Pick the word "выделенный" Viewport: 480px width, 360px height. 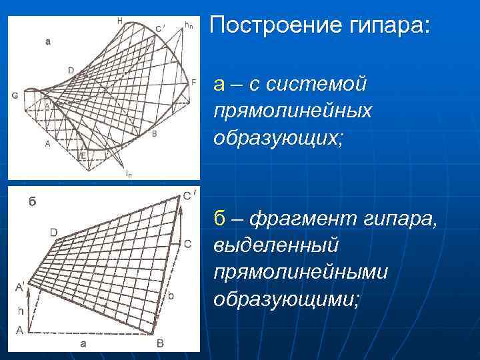click(275, 245)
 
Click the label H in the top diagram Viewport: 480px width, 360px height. click(119, 21)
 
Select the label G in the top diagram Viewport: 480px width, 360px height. click(14, 95)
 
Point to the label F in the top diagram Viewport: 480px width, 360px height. click(193, 82)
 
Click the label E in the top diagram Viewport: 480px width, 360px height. click(83, 155)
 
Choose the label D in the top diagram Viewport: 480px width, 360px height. click(71, 69)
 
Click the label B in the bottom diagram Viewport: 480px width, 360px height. click(160, 343)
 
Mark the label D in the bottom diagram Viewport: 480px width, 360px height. click(53, 233)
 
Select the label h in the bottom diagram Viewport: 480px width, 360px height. click(20, 310)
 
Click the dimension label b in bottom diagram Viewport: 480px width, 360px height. click(172, 294)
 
